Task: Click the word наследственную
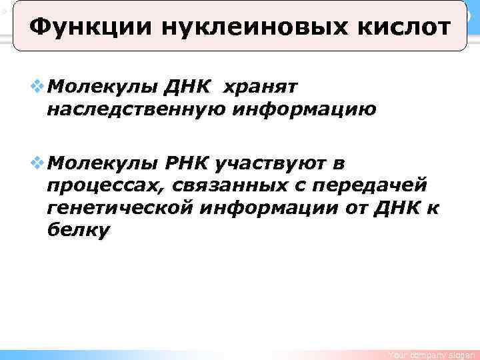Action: [133, 108]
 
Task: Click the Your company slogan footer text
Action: [433, 355]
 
